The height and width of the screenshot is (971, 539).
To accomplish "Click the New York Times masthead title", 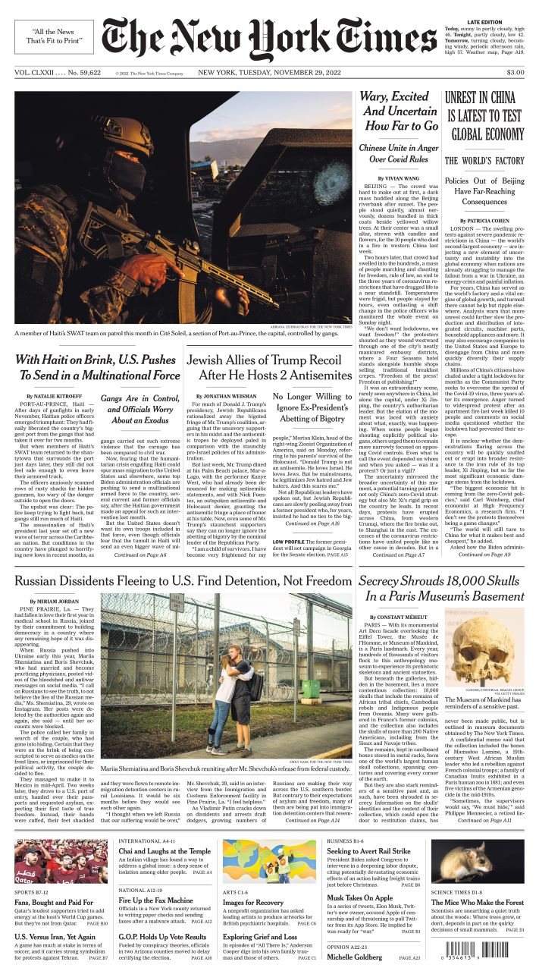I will click(269, 38).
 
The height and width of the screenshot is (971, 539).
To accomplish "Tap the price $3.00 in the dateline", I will click(515, 72).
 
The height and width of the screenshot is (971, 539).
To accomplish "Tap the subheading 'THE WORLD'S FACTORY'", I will click(483, 161).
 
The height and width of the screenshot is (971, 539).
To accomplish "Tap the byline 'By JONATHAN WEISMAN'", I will click(227, 396).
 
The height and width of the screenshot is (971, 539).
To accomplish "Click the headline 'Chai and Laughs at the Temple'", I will click(165, 851).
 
